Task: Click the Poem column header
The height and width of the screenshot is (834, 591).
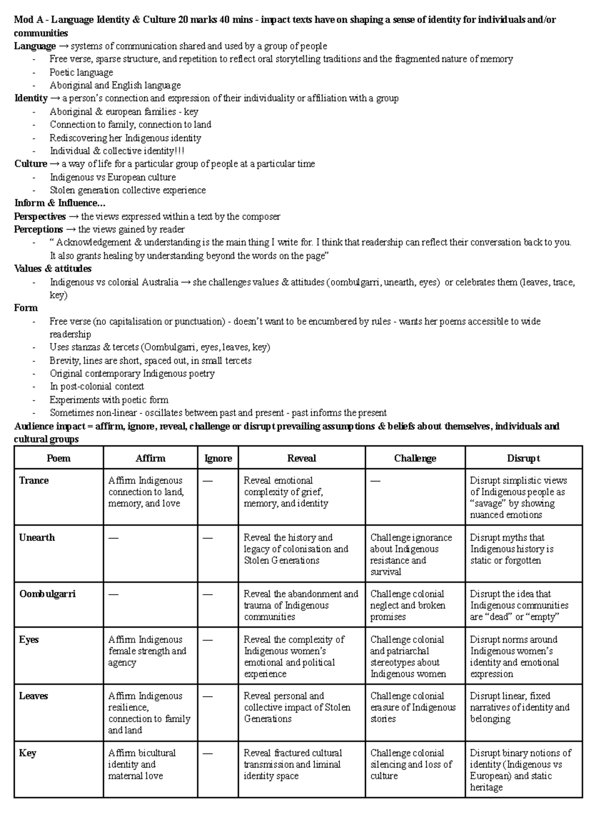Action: pyautogui.click(x=59, y=458)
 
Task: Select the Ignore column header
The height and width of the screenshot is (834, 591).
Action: pyautogui.click(x=218, y=458)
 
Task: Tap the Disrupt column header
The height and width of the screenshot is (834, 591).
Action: pyautogui.click(x=523, y=458)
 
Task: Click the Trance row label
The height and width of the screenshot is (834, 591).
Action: pyautogui.click(x=33, y=481)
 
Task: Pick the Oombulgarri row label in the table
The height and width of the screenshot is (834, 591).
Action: pyautogui.click(x=47, y=594)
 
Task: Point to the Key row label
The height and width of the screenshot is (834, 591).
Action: pyautogui.click(x=28, y=753)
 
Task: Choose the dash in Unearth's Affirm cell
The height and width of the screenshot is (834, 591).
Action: pyautogui.click(x=113, y=538)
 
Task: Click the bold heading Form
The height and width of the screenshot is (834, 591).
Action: pyautogui.click(x=26, y=308)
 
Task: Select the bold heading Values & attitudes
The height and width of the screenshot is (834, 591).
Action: pyautogui.click(x=53, y=269)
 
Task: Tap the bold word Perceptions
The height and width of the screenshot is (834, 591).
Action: pyautogui.click(x=38, y=229)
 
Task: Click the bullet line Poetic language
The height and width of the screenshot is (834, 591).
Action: pyautogui.click(x=81, y=72)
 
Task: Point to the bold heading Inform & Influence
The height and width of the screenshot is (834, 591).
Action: pyautogui.click(x=59, y=203)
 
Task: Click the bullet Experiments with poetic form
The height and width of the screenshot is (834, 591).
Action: pyautogui.click(x=109, y=400)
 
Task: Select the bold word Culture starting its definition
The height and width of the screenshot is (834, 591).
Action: pyautogui.click(x=31, y=164)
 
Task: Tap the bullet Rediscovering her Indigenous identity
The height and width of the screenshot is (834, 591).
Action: pyautogui.click(x=125, y=138)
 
